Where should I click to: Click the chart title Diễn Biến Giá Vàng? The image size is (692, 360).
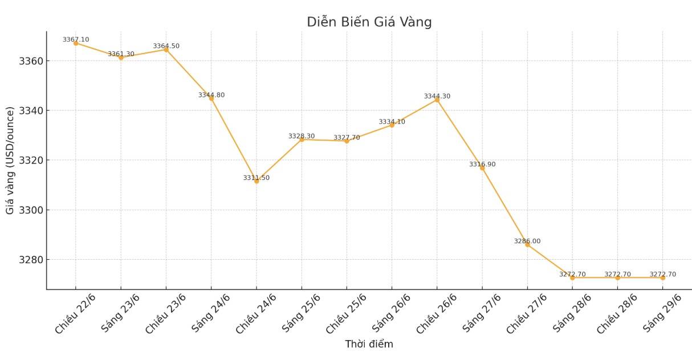pyautogui.click(x=369, y=22)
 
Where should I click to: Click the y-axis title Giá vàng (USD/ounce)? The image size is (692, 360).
pyautogui.click(x=10, y=160)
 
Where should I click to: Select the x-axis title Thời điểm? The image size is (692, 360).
pyautogui.click(x=369, y=344)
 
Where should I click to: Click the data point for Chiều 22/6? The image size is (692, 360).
pyautogui.click(x=76, y=43)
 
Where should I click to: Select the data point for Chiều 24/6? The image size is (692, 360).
pyautogui.click(x=257, y=181)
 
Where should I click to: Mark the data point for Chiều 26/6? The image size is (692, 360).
pyautogui.click(x=437, y=100)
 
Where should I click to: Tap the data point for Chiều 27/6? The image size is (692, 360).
pyautogui.click(x=527, y=244)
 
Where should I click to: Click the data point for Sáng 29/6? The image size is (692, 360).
pyautogui.click(x=663, y=277)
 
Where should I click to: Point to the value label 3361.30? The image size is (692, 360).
pyautogui.click(x=121, y=54)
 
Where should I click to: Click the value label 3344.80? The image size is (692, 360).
pyautogui.click(x=211, y=95)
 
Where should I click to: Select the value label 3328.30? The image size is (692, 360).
pyautogui.click(x=302, y=136)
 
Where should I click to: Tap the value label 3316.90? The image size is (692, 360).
pyautogui.click(x=482, y=164)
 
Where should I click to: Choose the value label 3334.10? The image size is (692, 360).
pyautogui.click(x=392, y=122)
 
